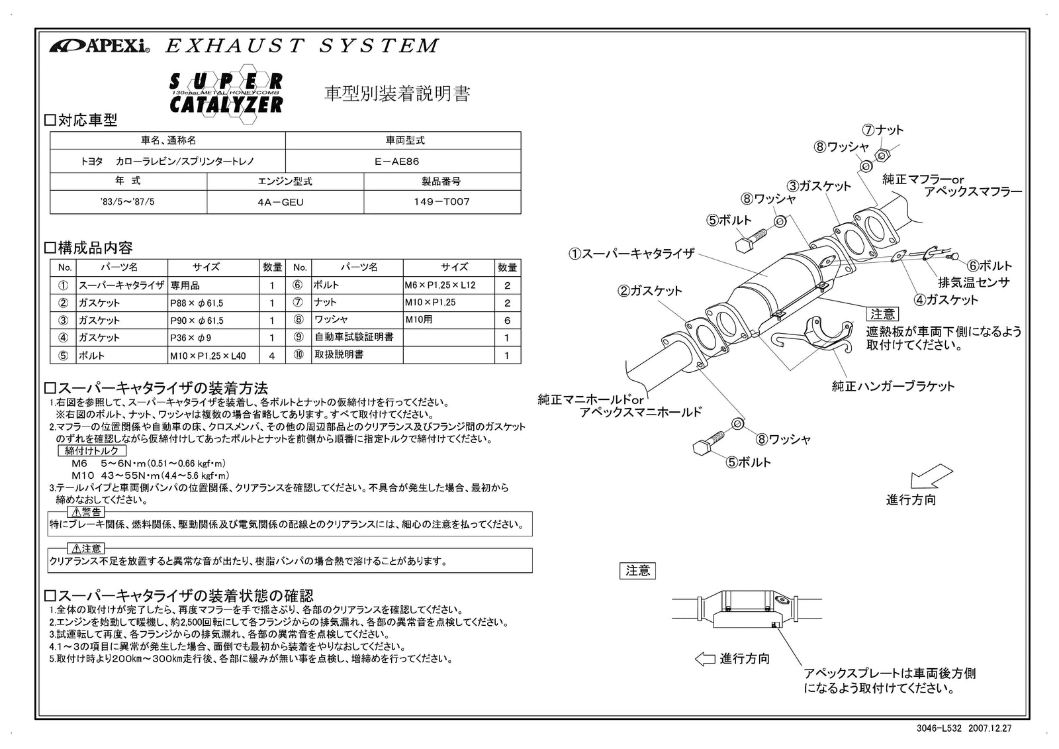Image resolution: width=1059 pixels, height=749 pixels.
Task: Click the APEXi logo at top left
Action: click(x=99, y=46)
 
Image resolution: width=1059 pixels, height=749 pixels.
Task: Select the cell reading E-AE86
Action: click(x=402, y=162)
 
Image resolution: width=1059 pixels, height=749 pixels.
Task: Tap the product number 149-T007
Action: click(x=442, y=202)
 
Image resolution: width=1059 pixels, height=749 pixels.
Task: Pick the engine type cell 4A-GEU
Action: click(x=285, y=202)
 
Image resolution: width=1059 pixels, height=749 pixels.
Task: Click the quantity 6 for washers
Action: click(x=507, y=321)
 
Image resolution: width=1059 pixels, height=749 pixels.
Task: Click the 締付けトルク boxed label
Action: click(x=92, y=450)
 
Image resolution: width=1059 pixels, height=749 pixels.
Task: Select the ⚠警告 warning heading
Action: click(x=86, y=512)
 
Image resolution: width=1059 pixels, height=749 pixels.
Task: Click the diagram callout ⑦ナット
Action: click(x=882, y=130)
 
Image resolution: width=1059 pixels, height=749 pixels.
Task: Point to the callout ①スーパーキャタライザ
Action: click(x=632, y=254)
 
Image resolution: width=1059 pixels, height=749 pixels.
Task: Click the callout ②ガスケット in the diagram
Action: click(x=650, y=291)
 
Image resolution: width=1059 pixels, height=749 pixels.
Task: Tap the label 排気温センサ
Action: click(x=974, y=282)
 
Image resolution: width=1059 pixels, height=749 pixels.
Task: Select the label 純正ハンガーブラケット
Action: click(x=893, y=386)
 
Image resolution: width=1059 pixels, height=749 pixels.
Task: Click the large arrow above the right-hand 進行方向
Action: click(x=931, y=477)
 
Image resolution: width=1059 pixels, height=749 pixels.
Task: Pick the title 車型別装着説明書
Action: click(x=397, y=94)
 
